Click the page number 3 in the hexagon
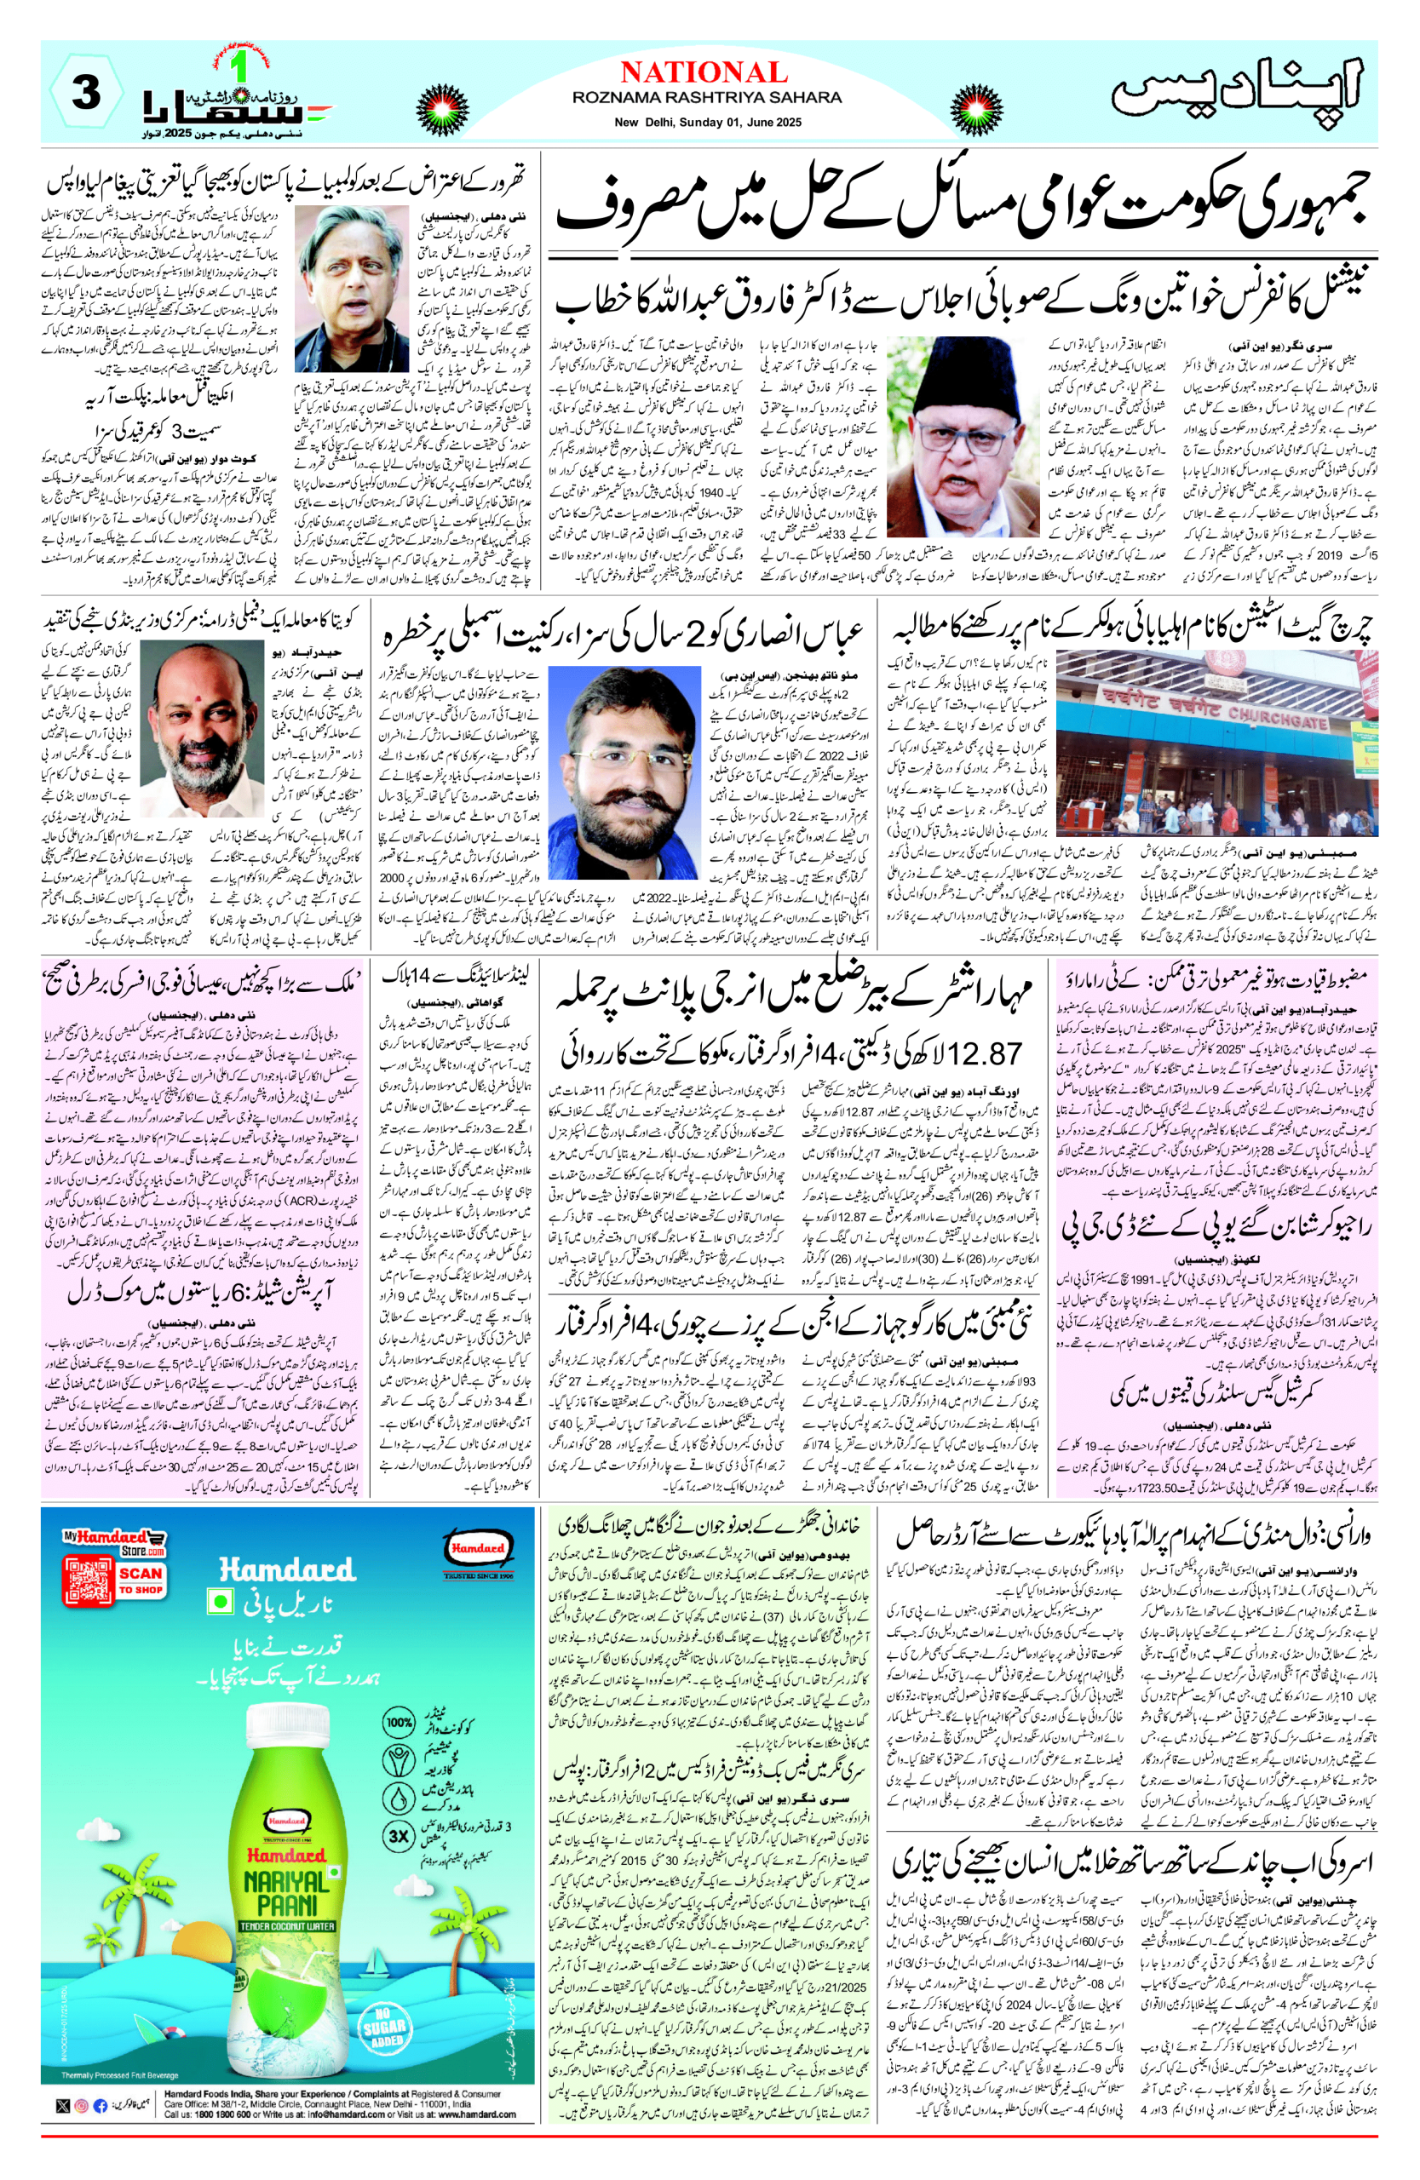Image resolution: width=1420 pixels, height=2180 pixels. tap(86, 93)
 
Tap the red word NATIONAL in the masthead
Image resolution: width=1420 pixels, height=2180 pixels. tap(703, 72)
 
